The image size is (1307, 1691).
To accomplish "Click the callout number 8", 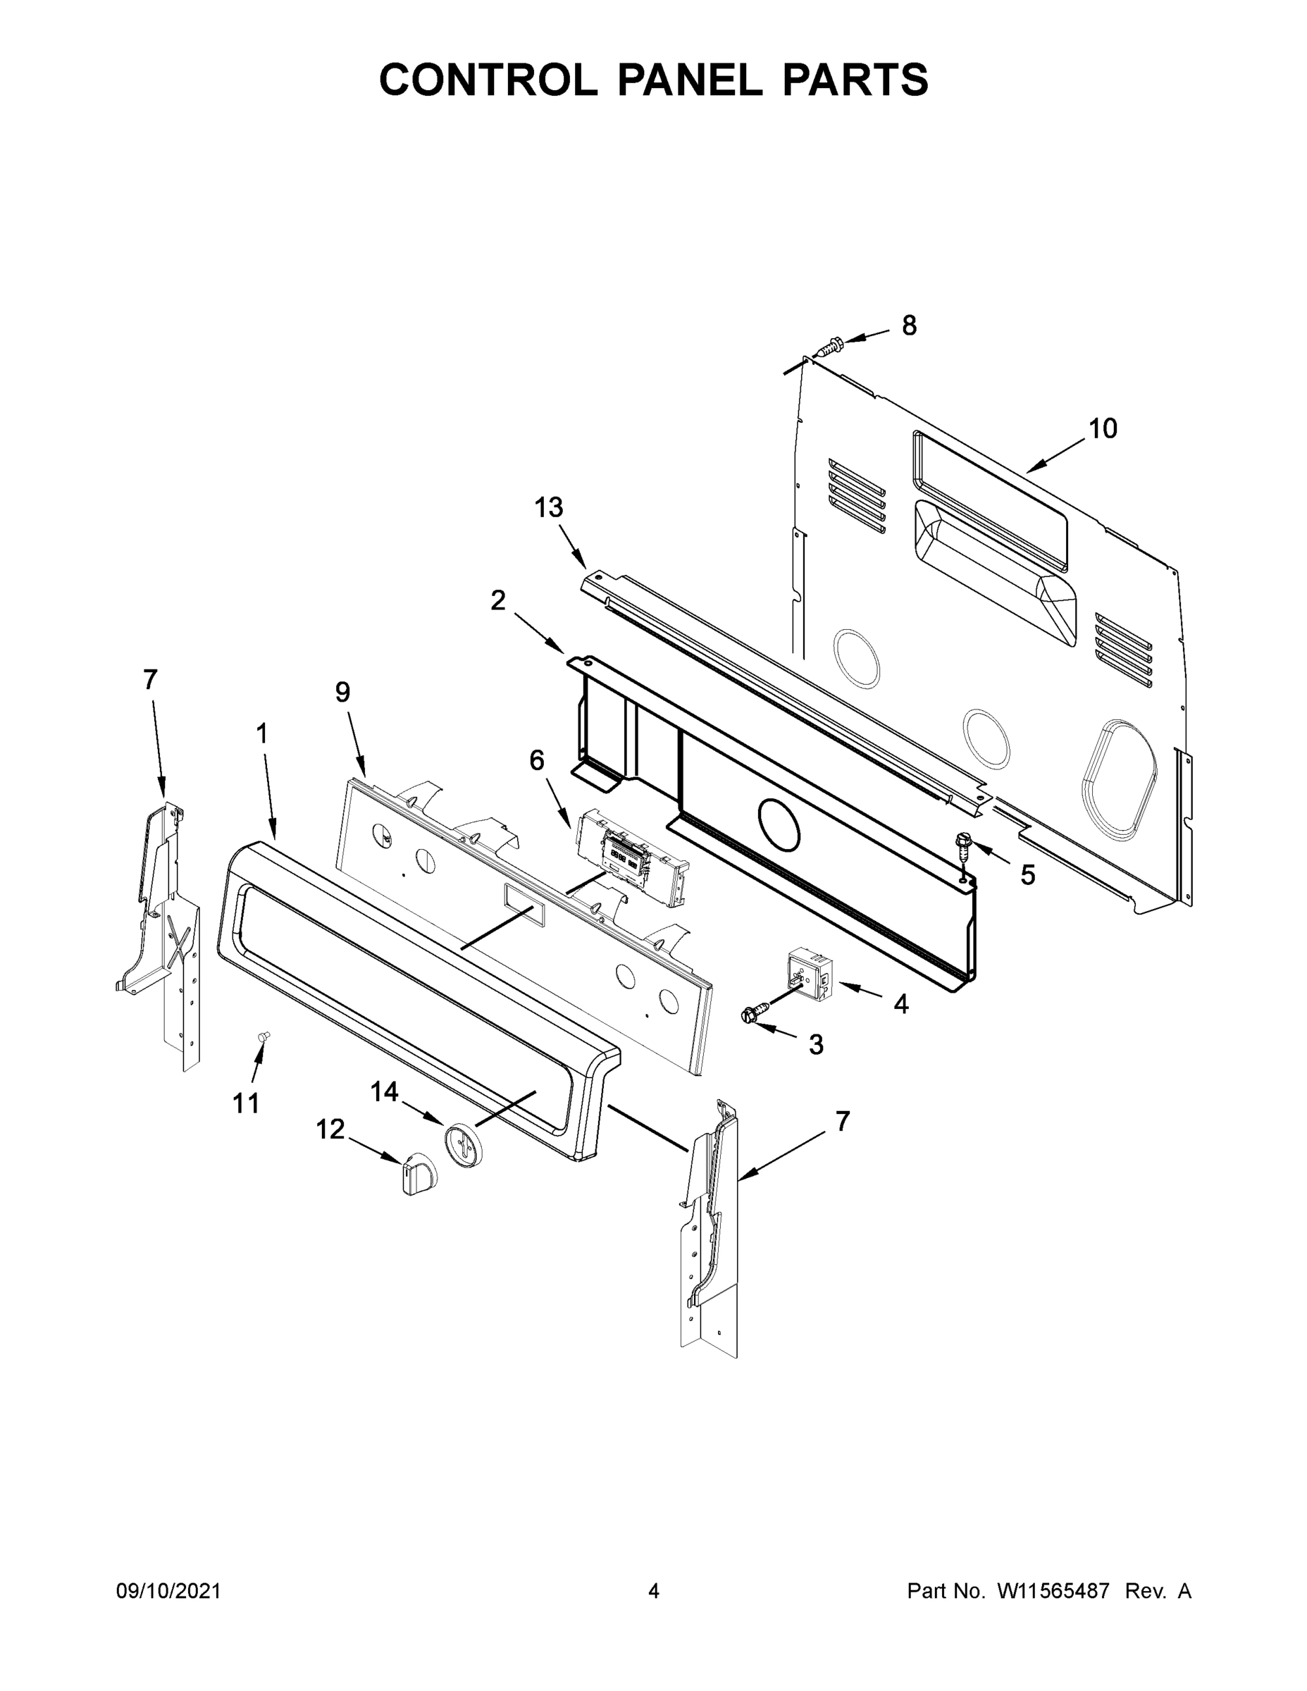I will tap(909, 326).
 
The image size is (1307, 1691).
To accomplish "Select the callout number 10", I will tap(1103, 428).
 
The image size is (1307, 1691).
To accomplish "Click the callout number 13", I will tap(548, 508).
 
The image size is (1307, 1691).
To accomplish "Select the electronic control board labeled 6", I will tap(631, 858).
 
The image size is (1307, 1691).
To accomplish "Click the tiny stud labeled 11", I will tap(264, 1036).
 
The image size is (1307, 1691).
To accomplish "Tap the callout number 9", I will tap(342, 691).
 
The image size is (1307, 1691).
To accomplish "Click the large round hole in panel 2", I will tap(777, 824).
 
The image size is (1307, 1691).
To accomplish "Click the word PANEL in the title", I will tap(688, 80).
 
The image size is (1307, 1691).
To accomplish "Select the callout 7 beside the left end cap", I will tap(149, 680).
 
